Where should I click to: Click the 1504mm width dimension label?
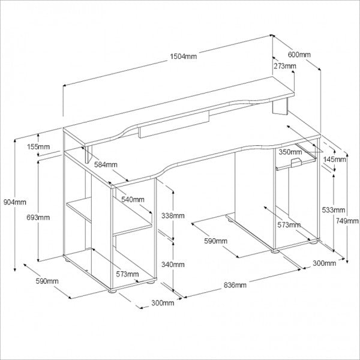183,56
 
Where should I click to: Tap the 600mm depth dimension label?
299,55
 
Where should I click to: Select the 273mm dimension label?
284,66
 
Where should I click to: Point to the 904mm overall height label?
15,202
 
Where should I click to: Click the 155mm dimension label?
38,146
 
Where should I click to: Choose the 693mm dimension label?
38,217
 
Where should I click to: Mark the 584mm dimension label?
106,164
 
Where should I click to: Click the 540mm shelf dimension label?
133,199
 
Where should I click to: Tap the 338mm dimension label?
173,215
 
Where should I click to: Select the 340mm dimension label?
173,265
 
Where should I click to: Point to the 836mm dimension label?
235,285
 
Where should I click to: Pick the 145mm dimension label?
334,159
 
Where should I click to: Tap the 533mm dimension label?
334,210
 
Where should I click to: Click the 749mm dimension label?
347,221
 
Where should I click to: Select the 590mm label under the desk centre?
216,241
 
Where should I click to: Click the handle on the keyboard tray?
296,162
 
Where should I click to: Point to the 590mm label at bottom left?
47,281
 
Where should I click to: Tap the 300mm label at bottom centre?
163,303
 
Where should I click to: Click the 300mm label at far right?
324,263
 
